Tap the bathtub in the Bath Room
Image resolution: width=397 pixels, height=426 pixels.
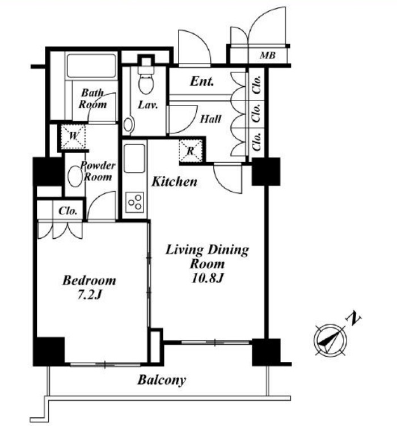coord(91,66)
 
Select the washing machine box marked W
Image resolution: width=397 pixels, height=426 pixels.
coord(73,136)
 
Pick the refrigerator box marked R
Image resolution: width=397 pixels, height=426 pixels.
coord(191,151)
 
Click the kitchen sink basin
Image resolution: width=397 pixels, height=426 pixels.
coord(134,158)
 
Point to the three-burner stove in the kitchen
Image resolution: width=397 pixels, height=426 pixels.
coord(134,202)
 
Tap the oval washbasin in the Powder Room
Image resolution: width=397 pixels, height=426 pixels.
coord(74,176)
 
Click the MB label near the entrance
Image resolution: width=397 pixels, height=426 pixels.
coord(268,56)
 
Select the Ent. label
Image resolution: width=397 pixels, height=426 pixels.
coord(202,81)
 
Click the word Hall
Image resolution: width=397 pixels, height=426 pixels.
coord(210,119)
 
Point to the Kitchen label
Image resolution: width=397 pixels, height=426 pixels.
coord(174,182)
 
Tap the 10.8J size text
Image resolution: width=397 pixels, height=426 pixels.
coord(207,278)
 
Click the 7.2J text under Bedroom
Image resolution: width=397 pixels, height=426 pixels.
coord(90,295)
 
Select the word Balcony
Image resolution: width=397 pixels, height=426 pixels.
coord(162,380)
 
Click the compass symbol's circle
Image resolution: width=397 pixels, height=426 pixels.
coord(330,339)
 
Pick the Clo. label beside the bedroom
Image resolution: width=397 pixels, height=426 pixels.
coord(68,211)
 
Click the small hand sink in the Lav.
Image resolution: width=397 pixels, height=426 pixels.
coord(128,125)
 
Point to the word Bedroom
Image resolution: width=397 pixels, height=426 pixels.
coord(89,280)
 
